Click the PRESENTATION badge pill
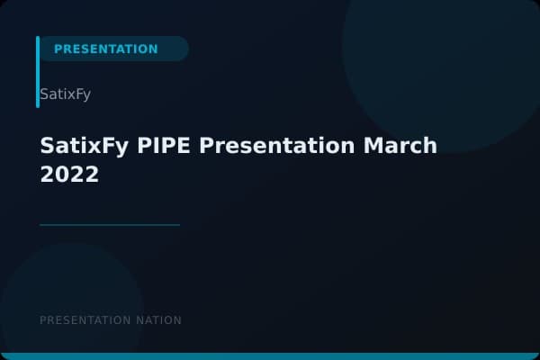[112, 49]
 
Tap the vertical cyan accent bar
[38, 72]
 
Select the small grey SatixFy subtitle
[66, 94]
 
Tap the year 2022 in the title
[69, 175]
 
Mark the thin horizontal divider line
[110, 225]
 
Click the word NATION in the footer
[157, 320]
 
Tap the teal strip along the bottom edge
[270, 356]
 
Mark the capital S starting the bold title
[48, 146]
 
